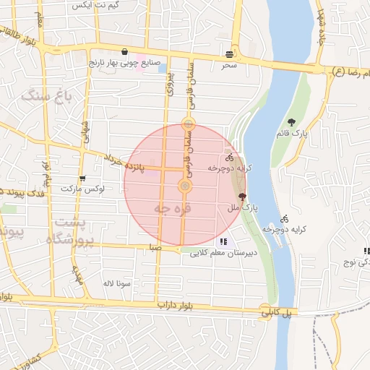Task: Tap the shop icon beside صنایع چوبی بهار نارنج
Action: pos(126,52)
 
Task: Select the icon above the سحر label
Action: pos(229,54)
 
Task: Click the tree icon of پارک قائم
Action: pos(291,122)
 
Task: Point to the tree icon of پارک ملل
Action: pos(241,196)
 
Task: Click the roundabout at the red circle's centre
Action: pos(185,187)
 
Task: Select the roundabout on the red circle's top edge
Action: pos(188,124)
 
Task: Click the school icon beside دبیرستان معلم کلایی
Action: pos(223,242)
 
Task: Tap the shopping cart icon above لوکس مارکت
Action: pos(82,178)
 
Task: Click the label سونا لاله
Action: pos(117,283)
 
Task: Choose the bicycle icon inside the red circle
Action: pos(230,157)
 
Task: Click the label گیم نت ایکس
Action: pos(86,4)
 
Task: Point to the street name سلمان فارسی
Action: pos(192,80)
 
